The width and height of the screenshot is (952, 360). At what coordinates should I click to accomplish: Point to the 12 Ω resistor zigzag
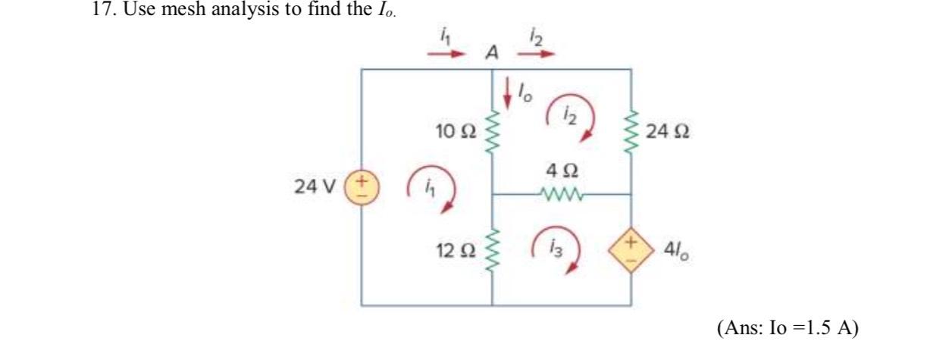point(493,247)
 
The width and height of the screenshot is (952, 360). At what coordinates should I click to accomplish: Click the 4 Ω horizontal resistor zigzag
point(562,195)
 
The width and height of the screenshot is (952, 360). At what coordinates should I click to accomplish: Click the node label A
point(493,53)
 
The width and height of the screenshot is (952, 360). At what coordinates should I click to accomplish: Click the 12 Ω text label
point(455,247)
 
